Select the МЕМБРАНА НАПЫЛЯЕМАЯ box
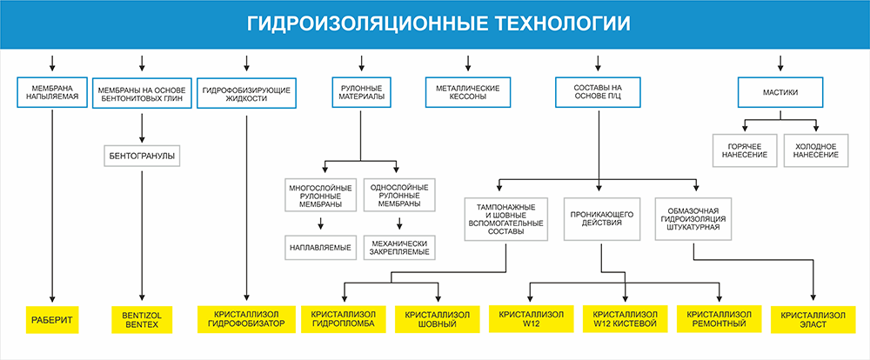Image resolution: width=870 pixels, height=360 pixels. click(53, 93)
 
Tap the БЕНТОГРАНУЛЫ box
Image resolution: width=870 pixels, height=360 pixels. click(142, 156)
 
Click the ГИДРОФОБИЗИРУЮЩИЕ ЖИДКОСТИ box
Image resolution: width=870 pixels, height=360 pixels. click(246, 93)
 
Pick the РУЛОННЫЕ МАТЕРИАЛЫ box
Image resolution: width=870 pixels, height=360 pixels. click(361, 92)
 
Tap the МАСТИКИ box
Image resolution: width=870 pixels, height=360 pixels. click(780, 93)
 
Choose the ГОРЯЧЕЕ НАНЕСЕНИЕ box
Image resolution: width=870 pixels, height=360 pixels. click(745, 150)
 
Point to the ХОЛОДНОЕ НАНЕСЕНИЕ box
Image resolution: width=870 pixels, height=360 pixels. click(816, 150)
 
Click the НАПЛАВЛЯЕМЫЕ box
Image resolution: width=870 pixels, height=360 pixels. click(321, 248)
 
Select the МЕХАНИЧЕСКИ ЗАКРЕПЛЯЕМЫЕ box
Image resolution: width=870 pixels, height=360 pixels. click(399, 248)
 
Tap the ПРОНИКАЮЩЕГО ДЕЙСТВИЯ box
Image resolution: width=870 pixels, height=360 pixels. click(601, 218)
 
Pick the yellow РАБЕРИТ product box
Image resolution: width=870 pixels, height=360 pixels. click(52, 319)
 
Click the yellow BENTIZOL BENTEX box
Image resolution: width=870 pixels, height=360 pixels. click(142, 319)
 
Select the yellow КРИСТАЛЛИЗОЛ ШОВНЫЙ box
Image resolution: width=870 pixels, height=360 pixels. click(438, 319)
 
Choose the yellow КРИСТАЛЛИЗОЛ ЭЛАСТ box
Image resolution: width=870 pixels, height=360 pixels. click(813, 319)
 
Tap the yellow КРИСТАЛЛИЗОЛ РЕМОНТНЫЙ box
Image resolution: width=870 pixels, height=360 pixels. click(719, 319)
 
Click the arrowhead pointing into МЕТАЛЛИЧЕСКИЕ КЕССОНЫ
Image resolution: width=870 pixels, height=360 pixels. click(468, 68)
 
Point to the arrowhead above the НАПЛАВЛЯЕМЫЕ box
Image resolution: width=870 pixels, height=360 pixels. click(320, 226)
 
